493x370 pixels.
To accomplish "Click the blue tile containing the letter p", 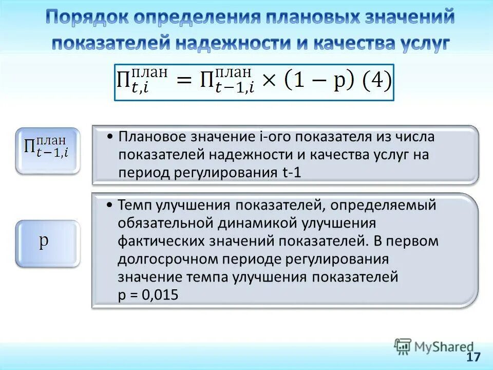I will coord(47,244).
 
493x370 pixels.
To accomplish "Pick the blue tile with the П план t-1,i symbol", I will coord(47,150).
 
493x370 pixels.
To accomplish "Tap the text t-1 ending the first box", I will coord(291,173).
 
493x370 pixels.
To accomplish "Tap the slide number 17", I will coord(473,357).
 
